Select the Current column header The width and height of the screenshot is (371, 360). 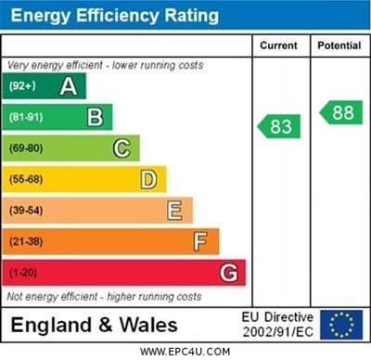click(278, 45)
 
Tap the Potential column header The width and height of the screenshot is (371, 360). click(339, 45)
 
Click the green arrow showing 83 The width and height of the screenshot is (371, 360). click(277, 125)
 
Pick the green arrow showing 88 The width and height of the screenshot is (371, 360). click(340, 112)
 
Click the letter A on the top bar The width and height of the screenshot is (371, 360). click(68, 86)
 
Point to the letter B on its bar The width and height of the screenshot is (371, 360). click(95, 117)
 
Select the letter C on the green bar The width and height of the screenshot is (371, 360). click(122, 148)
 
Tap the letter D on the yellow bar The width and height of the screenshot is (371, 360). click(148, 179)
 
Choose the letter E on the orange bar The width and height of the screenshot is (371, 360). click(174, 211)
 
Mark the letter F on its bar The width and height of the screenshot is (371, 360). click(200, 241)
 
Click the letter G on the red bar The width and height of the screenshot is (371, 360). click(228, 273)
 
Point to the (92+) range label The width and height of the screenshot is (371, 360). click(22, 86)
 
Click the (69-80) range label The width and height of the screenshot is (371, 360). click(26, 148)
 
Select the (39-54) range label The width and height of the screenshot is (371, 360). click(26, 211)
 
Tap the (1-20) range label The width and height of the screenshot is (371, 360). click(23, 273)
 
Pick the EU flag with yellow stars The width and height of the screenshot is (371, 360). click(342, 325)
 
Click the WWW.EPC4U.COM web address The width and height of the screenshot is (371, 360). click(185, 352)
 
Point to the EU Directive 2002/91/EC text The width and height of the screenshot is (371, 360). click(277, 325)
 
